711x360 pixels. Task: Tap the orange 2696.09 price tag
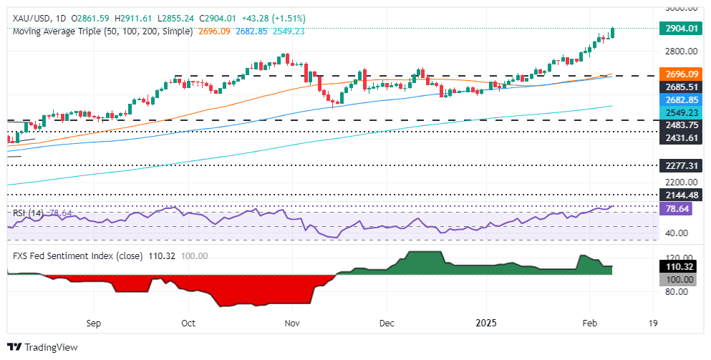[676, 74]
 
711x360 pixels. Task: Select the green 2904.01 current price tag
[676, 31]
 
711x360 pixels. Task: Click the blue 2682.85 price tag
[676, 100]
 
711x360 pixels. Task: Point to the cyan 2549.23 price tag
[676, 112]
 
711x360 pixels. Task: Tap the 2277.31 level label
[676, 165]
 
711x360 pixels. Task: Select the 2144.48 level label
[676, 194]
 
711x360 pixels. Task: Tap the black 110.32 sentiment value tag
[676, 266]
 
